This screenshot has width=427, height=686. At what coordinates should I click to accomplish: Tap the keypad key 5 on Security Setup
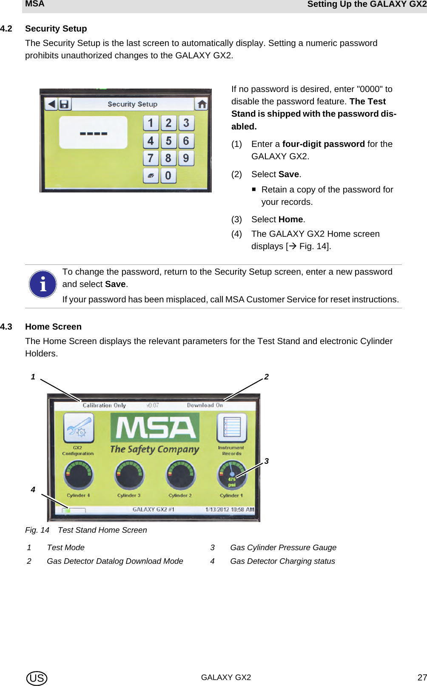click(x=168, y=141)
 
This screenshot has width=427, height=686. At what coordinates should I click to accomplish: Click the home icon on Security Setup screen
click(x=202, y=104)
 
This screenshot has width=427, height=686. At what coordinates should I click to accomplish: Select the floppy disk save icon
click(x=64, y=104)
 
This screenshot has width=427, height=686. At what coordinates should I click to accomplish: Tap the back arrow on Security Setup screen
click(x=51, y=104)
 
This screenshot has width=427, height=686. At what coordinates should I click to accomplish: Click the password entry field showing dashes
click(x=93, y=133)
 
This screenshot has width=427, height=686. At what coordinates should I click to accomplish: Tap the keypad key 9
click(x=186, y=158)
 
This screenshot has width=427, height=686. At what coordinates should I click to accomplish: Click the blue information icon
click(x=43, y=284)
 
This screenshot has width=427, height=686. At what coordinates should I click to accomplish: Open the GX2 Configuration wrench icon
click(x=79, y=428)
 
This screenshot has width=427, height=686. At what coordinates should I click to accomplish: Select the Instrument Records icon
click(x=232, y=428)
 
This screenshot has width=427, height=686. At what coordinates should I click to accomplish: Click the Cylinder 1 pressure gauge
click(x=232, y=476)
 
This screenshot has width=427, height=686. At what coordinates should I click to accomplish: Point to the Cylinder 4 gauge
click(x=79, y=476)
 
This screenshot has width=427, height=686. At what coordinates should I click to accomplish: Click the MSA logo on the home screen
click(x=155, y=428)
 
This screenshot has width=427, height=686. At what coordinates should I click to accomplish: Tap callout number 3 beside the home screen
click(x=267, y=461)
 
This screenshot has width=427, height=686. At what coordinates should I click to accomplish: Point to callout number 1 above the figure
click(x=33, y=377)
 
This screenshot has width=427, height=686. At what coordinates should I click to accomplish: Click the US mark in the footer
click(x=37, y=678)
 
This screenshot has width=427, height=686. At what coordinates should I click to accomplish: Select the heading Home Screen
click(x=53, y=327)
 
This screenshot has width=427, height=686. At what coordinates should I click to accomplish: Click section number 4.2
click(x=6, y=29)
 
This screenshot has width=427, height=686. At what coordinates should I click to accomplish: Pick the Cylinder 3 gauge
click(x=129, y=476)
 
